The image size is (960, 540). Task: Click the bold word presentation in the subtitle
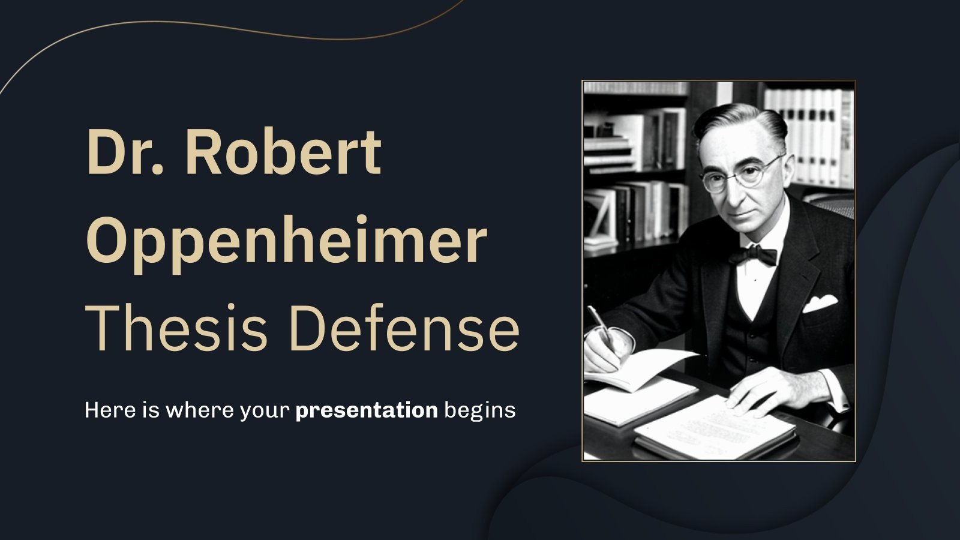coord(366,410)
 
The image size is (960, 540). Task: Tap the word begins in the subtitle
coord(480,410)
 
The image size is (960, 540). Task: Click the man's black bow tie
coord(752,256)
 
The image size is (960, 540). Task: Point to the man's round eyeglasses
coord(742,174)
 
